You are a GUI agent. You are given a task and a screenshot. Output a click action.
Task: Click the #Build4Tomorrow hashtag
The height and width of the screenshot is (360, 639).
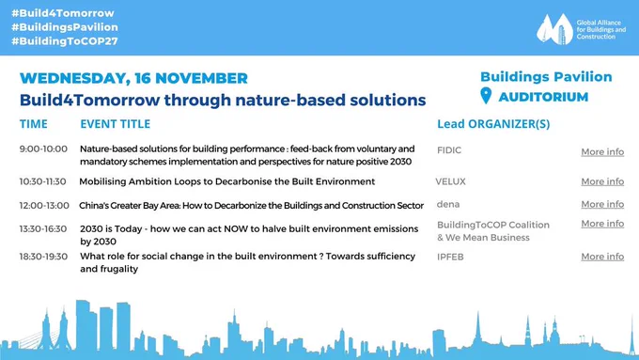63,13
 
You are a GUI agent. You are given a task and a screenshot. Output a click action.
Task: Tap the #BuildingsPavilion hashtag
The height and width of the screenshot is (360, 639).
65,27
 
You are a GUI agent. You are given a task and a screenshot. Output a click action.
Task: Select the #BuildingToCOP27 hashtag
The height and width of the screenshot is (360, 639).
65,40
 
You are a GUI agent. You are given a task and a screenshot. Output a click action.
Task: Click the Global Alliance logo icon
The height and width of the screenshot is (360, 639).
554,29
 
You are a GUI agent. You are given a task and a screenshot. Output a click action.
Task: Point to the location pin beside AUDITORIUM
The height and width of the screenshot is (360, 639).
486,95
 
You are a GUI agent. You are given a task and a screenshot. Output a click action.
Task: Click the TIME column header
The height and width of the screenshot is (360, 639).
34,124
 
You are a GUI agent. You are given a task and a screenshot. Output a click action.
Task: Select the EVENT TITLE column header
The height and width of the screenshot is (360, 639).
116,124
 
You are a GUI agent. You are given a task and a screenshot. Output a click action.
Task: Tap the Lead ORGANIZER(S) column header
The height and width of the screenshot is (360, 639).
493,124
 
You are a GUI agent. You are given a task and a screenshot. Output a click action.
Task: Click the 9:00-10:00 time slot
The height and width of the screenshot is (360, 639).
43,149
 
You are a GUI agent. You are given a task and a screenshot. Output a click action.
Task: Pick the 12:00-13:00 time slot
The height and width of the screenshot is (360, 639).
44,206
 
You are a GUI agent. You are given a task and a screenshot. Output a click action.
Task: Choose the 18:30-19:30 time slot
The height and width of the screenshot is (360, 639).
43,257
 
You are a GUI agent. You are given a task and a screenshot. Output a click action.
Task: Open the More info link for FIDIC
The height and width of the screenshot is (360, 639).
602,151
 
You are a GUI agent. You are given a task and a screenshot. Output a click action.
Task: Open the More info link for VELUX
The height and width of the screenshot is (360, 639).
602,181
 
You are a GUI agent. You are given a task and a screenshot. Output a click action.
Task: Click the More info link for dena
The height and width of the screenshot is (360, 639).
602,204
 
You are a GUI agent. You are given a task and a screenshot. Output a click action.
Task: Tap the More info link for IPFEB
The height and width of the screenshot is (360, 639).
602,257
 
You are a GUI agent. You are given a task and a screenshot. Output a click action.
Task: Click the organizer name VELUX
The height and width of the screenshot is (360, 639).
450,181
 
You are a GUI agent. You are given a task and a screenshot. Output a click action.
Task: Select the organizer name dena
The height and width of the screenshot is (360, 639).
448,204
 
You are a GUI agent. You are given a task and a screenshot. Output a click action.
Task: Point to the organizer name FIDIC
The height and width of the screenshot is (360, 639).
449,150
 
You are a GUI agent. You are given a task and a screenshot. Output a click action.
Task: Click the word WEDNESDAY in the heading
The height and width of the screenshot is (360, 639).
74,78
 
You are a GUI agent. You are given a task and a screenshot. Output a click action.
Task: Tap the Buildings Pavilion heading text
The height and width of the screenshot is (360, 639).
546,77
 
